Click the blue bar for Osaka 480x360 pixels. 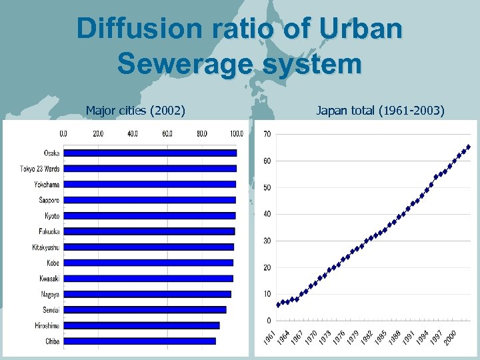pyautogui.click(x=150, y=153)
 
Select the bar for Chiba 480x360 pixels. pyautogui.click(x=139, y=341)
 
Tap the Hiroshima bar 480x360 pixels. pyautogui.click(x=141, y=325)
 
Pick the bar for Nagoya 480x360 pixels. pyautogui.click(x=147, y=294)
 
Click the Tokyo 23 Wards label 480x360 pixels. pyautogui.click(x=40, y=169)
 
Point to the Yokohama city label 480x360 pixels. pyautogui.click(x=47, y=184)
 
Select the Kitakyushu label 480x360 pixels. pyautogui.click(x=45, y=247)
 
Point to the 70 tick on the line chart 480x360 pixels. pyautogui.click(x=267, y=135)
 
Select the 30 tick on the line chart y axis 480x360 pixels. pyautogui.click(x=267, y=241)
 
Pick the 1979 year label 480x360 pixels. pyautogui.click(x=353, y=335)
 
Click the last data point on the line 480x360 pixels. pyautogui.click(x=469, y=147)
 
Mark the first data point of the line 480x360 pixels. pyautogui.click(x=278, y=305)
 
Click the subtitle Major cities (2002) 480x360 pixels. pyautogui.click(x=135, y=110)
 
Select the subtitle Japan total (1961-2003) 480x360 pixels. pyautogui.click(x=380, y=110)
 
